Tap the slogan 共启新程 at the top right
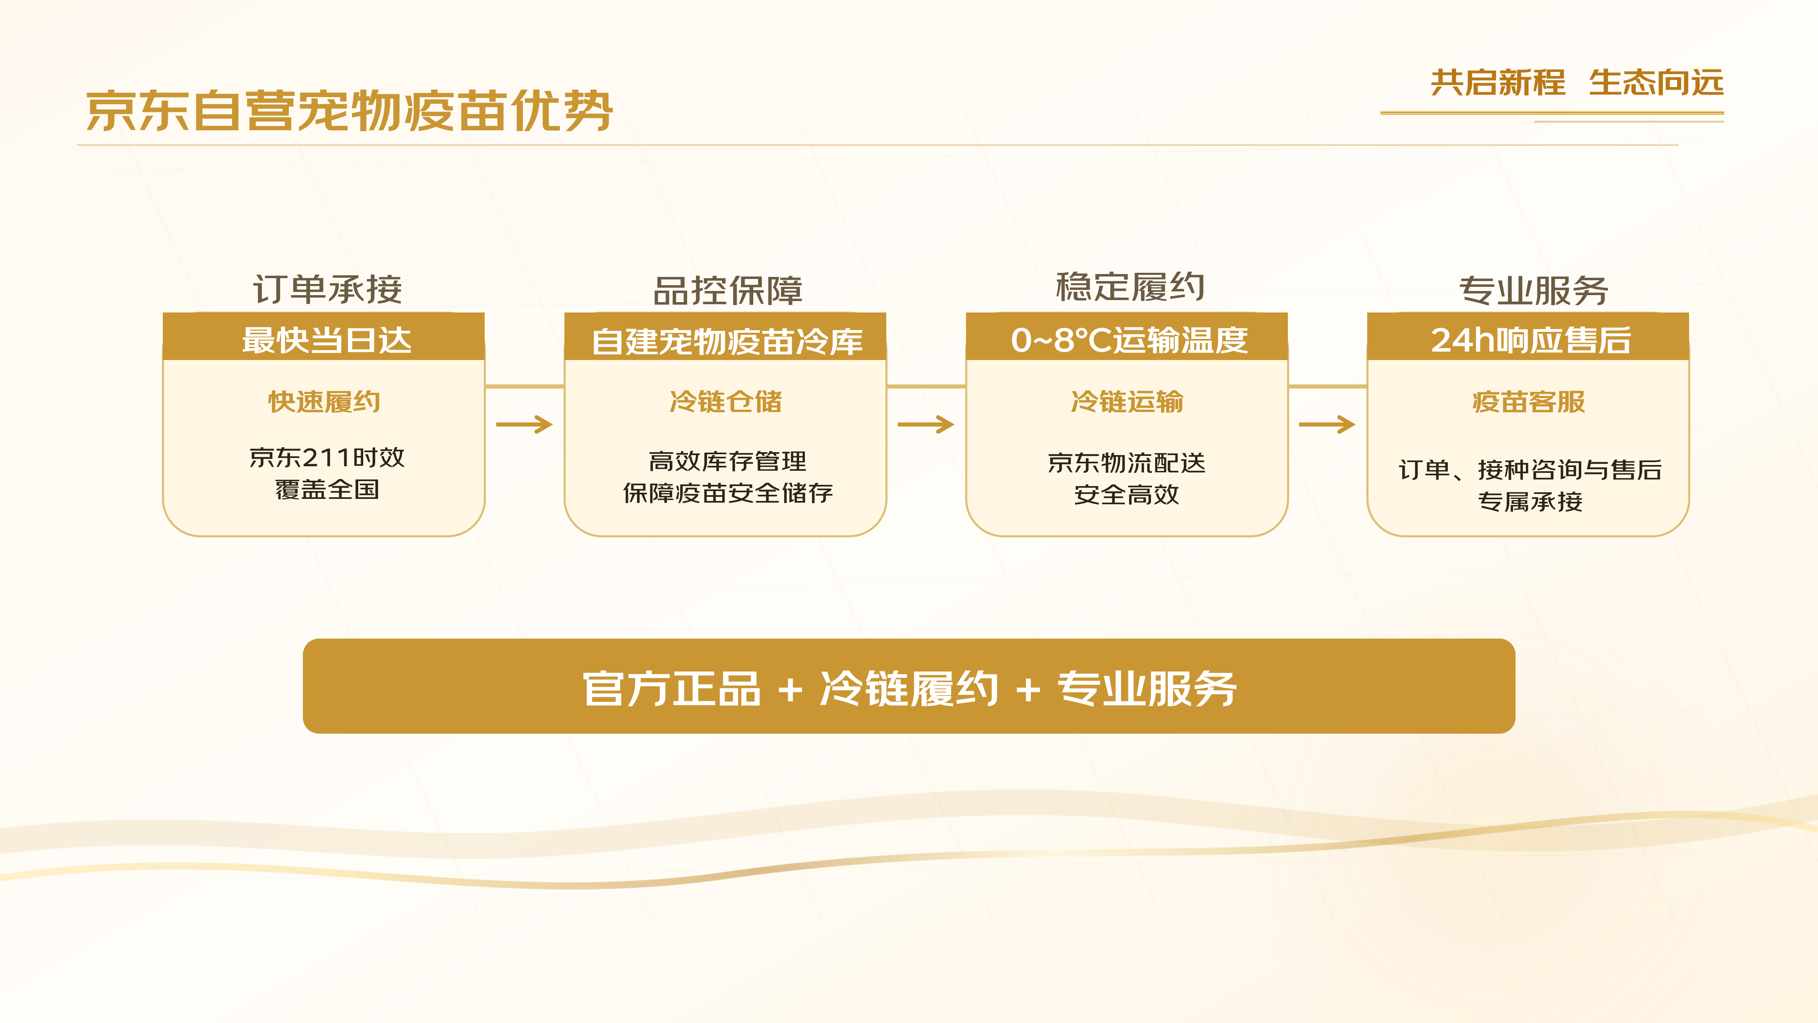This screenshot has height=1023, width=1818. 1498,83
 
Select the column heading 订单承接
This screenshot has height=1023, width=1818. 328,289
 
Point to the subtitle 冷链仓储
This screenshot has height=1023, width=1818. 726,402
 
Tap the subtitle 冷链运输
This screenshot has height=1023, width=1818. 1127,402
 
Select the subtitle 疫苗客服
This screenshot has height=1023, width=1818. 1529,402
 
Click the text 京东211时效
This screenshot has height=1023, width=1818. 327,458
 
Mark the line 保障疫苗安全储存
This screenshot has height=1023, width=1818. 728,493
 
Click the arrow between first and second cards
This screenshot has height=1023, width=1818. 524,424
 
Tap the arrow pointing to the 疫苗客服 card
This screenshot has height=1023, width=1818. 1327,424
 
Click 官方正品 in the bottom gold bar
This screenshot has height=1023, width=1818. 671,689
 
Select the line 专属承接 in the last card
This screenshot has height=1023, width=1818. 1530,501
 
